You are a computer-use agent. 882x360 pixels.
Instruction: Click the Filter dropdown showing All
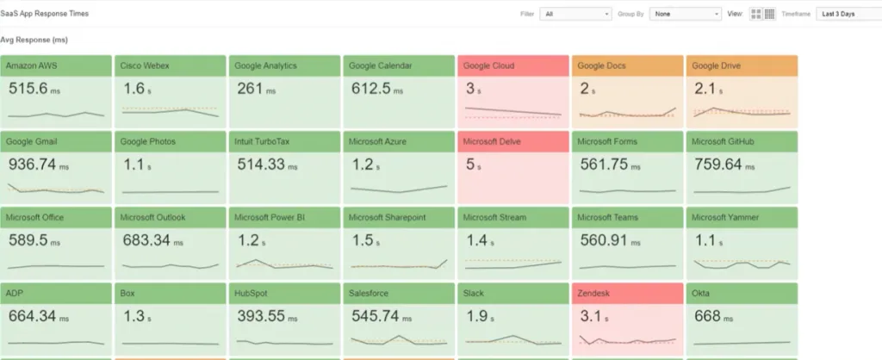click(575, 14)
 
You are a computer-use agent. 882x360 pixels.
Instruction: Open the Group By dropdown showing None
click(686, 14)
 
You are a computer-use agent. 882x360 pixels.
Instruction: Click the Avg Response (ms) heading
click(34, 40)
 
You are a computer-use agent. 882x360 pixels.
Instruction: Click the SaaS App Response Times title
click(44, 14)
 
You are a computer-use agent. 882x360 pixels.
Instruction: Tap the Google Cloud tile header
click(513, 65)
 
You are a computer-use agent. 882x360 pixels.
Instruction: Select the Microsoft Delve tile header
click(513, 141)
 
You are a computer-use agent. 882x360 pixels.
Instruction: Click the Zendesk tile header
click(627, 293)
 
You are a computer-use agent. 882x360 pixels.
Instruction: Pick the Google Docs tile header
click(627, 65)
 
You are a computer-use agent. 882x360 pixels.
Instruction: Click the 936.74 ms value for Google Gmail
click(40, 164)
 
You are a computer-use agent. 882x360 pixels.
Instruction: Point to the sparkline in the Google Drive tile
click(742, 112)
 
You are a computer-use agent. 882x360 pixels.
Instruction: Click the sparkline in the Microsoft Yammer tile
click(742, 264)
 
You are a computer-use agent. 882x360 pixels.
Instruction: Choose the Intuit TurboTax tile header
click(284, 141)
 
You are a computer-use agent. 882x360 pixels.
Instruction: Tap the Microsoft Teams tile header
click(627, 217)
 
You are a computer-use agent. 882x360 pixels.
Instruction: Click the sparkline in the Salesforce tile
click(399, 340)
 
